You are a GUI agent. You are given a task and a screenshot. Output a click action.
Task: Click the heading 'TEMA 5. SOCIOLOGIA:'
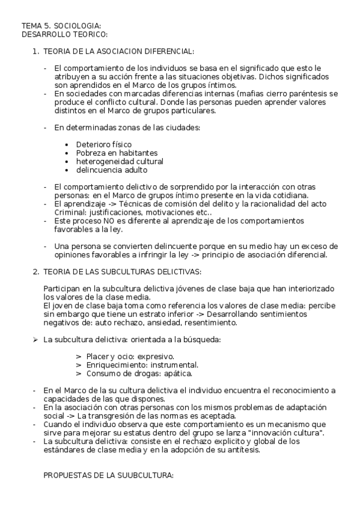61,26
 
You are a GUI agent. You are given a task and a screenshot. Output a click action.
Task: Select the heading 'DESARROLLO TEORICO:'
64,34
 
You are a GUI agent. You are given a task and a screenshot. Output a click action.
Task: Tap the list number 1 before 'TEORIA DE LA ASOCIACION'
35,52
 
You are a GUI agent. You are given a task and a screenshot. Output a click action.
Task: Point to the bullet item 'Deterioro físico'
103,144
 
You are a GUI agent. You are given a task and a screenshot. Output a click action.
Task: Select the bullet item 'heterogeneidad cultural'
119,161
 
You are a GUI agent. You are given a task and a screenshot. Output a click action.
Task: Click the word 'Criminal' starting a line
69,212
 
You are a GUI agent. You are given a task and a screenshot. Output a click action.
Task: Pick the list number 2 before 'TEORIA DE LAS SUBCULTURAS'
35,272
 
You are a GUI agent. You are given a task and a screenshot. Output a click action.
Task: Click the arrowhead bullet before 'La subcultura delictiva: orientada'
35,340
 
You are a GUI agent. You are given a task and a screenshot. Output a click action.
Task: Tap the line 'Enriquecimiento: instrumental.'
142,365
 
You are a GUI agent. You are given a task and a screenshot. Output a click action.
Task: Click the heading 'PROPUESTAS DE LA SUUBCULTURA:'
108,476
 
